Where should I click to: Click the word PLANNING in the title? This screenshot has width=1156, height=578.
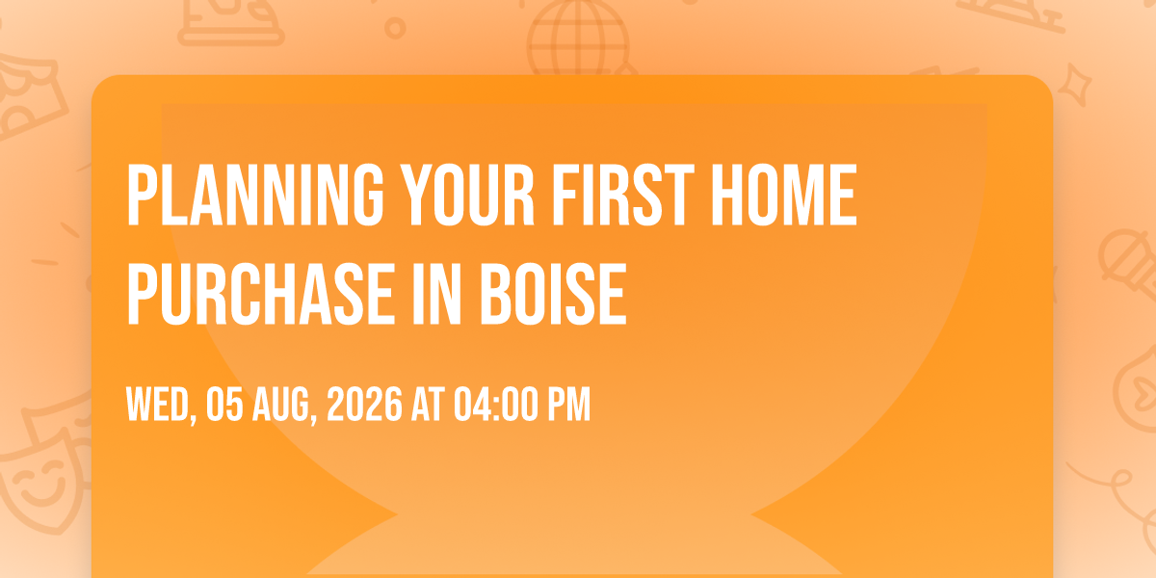pos(255,195)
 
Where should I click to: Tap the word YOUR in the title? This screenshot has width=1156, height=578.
pos(468,195)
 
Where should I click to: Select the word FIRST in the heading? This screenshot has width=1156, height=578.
pos(623,195)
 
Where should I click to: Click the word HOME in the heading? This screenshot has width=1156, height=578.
pos(784,195)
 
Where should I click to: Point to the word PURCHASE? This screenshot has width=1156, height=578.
pos(261,294)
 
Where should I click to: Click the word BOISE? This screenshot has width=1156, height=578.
pos(553,294)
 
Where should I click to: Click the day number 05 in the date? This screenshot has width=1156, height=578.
pos(224,405)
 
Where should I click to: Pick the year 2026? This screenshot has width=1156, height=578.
pos(364,405)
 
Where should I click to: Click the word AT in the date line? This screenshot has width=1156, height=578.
pos(428,405)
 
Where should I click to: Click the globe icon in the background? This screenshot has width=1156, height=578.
pos(579,38)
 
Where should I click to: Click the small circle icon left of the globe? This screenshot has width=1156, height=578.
pos(395,28)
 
